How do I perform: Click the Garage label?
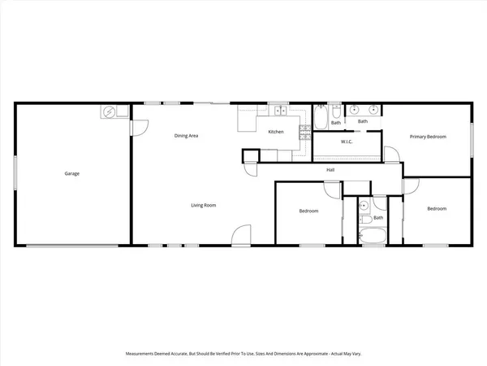tap(72, 173)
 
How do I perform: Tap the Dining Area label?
tap(187, 135)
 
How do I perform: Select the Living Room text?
tap(203, 205)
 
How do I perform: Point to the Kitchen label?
tap(276, 132)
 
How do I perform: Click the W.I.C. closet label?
tap(346, 142)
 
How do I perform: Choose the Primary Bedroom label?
tap(428, 137)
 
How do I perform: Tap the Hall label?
tap(330, 169)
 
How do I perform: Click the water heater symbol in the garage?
tap(109, 111)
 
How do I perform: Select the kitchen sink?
tap(278, 110)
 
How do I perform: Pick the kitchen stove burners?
tap(305, 131)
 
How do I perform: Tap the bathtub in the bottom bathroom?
tap(373, 237)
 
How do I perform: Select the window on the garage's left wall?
tap(15, 173)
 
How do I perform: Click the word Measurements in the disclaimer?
tap(144, 353)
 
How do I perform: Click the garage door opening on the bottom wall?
tap(73, 245)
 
